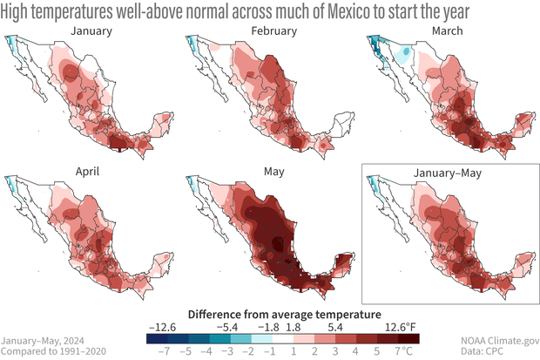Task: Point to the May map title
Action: coord(275,172)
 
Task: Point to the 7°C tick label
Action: coord(406,350)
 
